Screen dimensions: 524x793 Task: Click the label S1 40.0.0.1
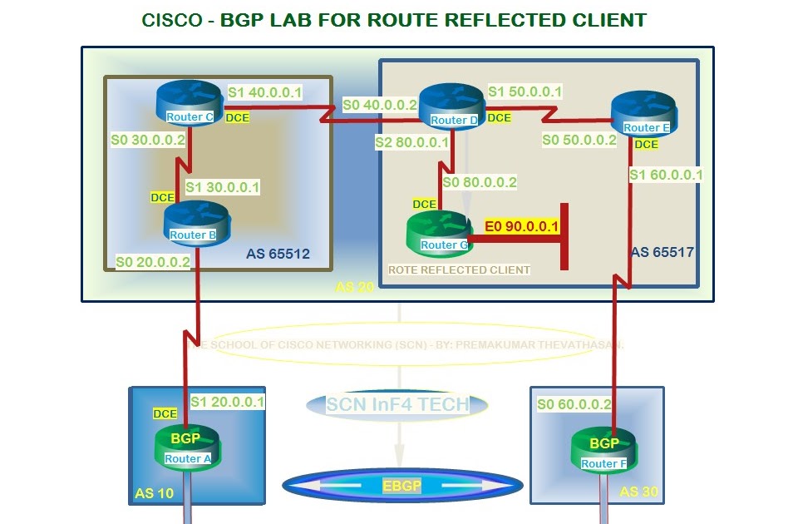(265, 92)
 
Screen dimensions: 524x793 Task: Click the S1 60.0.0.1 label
(666, 175)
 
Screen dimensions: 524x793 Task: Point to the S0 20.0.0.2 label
(154, 261)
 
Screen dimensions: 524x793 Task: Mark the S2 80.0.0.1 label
(411, 143)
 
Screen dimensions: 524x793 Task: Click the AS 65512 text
(278, 254)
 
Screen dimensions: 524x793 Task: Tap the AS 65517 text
(662, 251)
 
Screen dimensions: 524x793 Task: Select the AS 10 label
(155, 493)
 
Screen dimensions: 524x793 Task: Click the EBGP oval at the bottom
(402, 486)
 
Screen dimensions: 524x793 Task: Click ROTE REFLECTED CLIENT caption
(459, 269)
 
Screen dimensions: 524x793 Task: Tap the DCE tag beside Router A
(165, 413)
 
